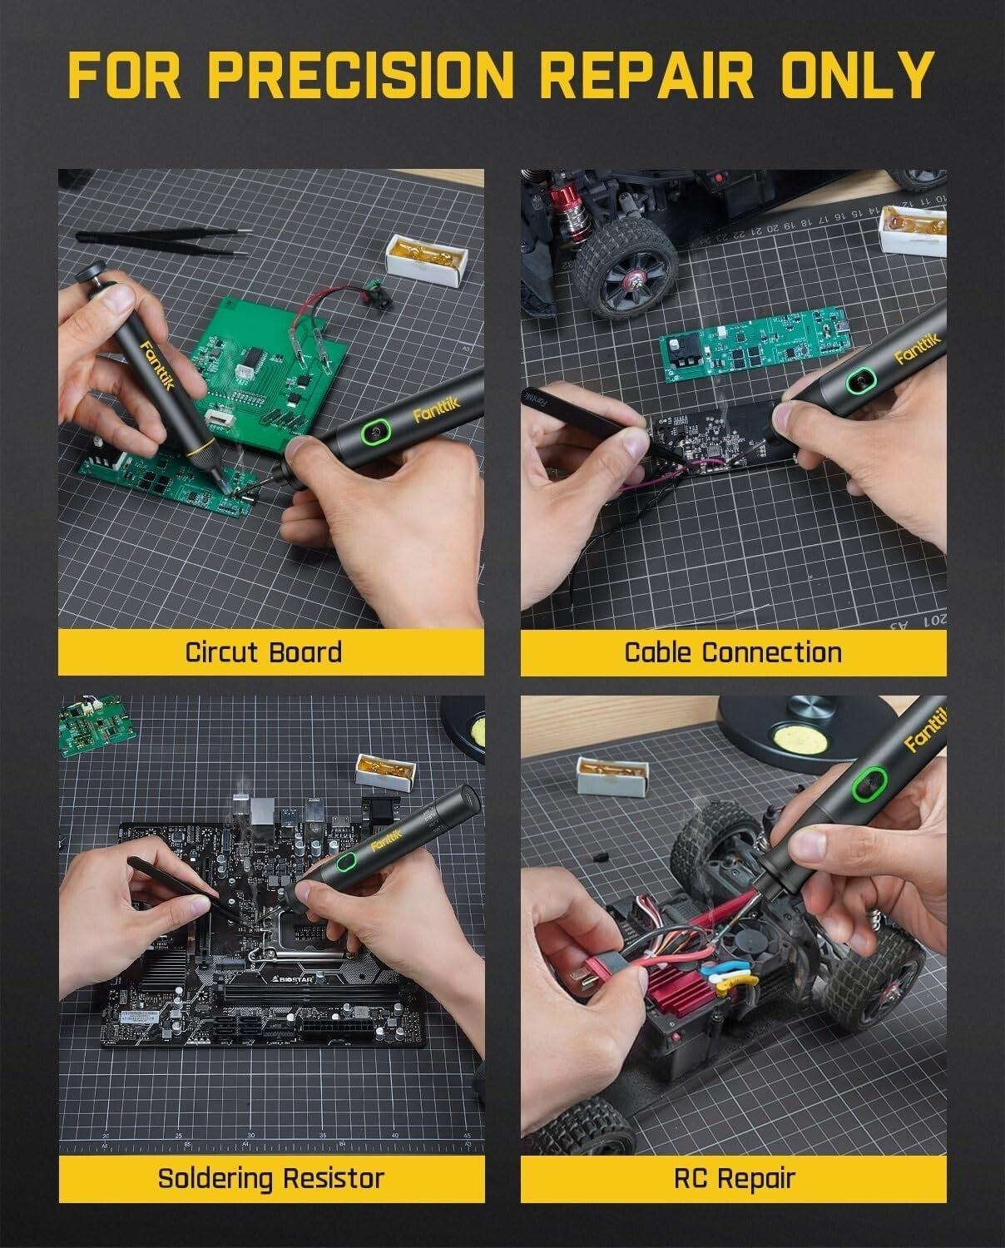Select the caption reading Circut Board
click(x=264, y=651)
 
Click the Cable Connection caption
click(x=733, y=651)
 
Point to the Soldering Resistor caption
click(x=271, y=1178)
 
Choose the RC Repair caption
click(x=734, y=1178)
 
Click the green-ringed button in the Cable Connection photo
click(x=859, y=384)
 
